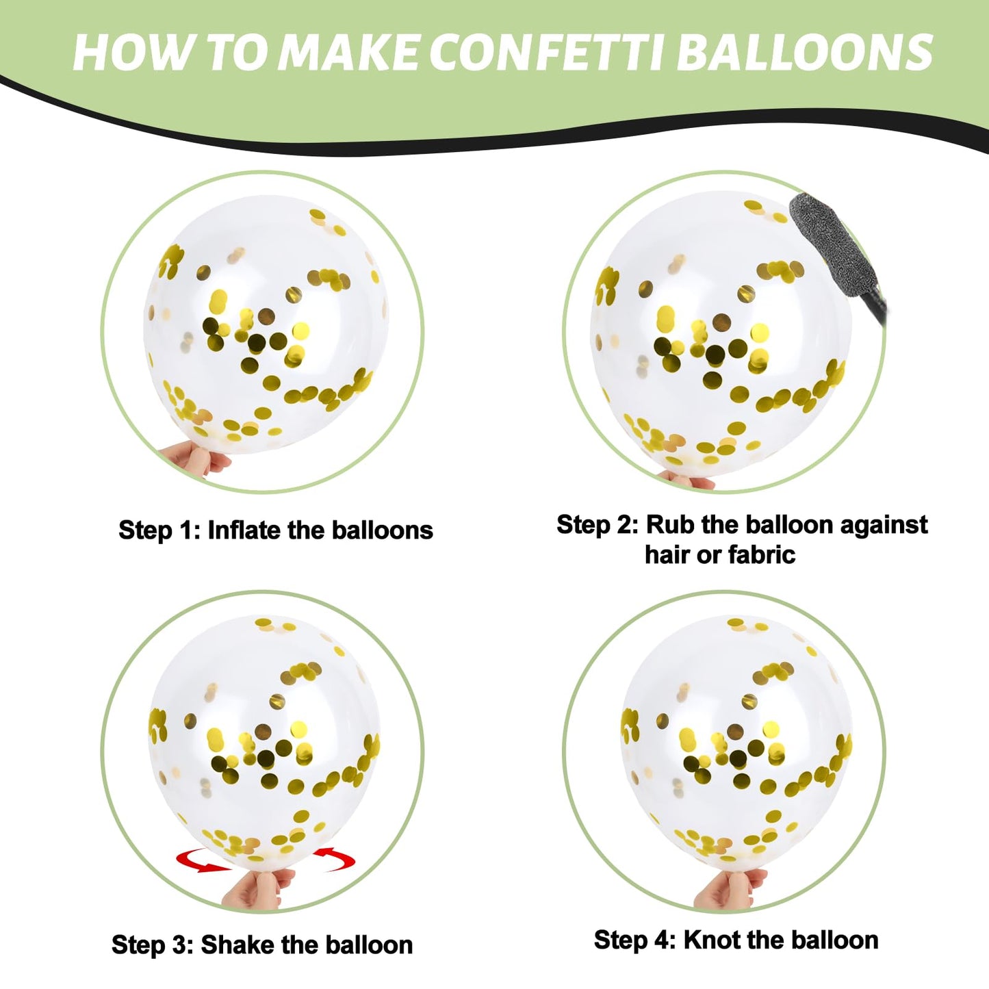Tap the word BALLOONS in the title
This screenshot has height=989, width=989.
tap(805, 52)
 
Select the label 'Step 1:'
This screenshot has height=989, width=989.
tap(159, 530)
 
